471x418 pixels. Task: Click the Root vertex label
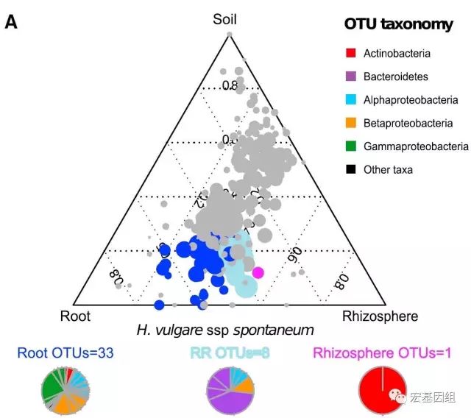74,316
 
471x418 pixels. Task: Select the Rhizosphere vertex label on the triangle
380,316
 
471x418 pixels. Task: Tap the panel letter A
11,23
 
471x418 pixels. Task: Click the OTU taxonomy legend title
398,25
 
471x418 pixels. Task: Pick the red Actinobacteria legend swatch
350,53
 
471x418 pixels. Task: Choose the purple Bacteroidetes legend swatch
350,77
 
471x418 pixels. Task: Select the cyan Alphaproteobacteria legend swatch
350,99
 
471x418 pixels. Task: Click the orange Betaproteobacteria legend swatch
350,123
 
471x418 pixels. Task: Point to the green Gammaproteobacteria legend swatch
350,146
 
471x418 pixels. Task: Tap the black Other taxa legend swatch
350,169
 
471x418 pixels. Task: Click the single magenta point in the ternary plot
258,272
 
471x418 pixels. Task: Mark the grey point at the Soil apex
230,34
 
